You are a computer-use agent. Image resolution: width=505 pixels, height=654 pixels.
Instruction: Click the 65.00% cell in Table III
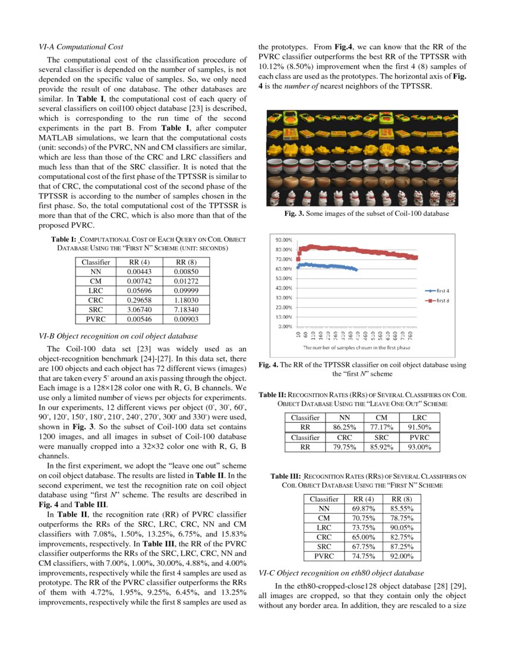(x=363, y=537)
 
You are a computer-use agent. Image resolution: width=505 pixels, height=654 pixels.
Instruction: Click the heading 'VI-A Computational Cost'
(x=81, y=46)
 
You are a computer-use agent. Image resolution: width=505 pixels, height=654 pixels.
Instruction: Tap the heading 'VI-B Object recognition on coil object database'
(x=118, y=336)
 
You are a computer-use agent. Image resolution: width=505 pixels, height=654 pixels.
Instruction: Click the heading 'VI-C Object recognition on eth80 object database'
(x=342, y=574)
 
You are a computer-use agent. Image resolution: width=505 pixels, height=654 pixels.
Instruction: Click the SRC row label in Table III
(x=324, y=547)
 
